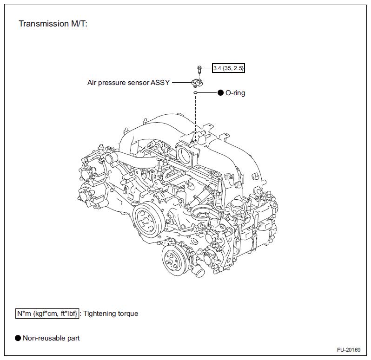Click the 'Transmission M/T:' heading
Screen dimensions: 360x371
click(53, 24)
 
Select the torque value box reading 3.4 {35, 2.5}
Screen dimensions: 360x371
click(228, 68)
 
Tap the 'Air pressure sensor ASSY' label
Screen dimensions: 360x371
click(128, 83)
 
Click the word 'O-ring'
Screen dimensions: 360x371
click(235, 93)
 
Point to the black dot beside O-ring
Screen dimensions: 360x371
click(221, 93)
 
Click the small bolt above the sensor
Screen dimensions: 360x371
click(199, 70)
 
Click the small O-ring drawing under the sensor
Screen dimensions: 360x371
click(196, 93)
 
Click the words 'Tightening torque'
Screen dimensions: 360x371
click(111, 314)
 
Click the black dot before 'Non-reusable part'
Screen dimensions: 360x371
click(18, 338)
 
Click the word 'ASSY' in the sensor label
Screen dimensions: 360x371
click(159, 83)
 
